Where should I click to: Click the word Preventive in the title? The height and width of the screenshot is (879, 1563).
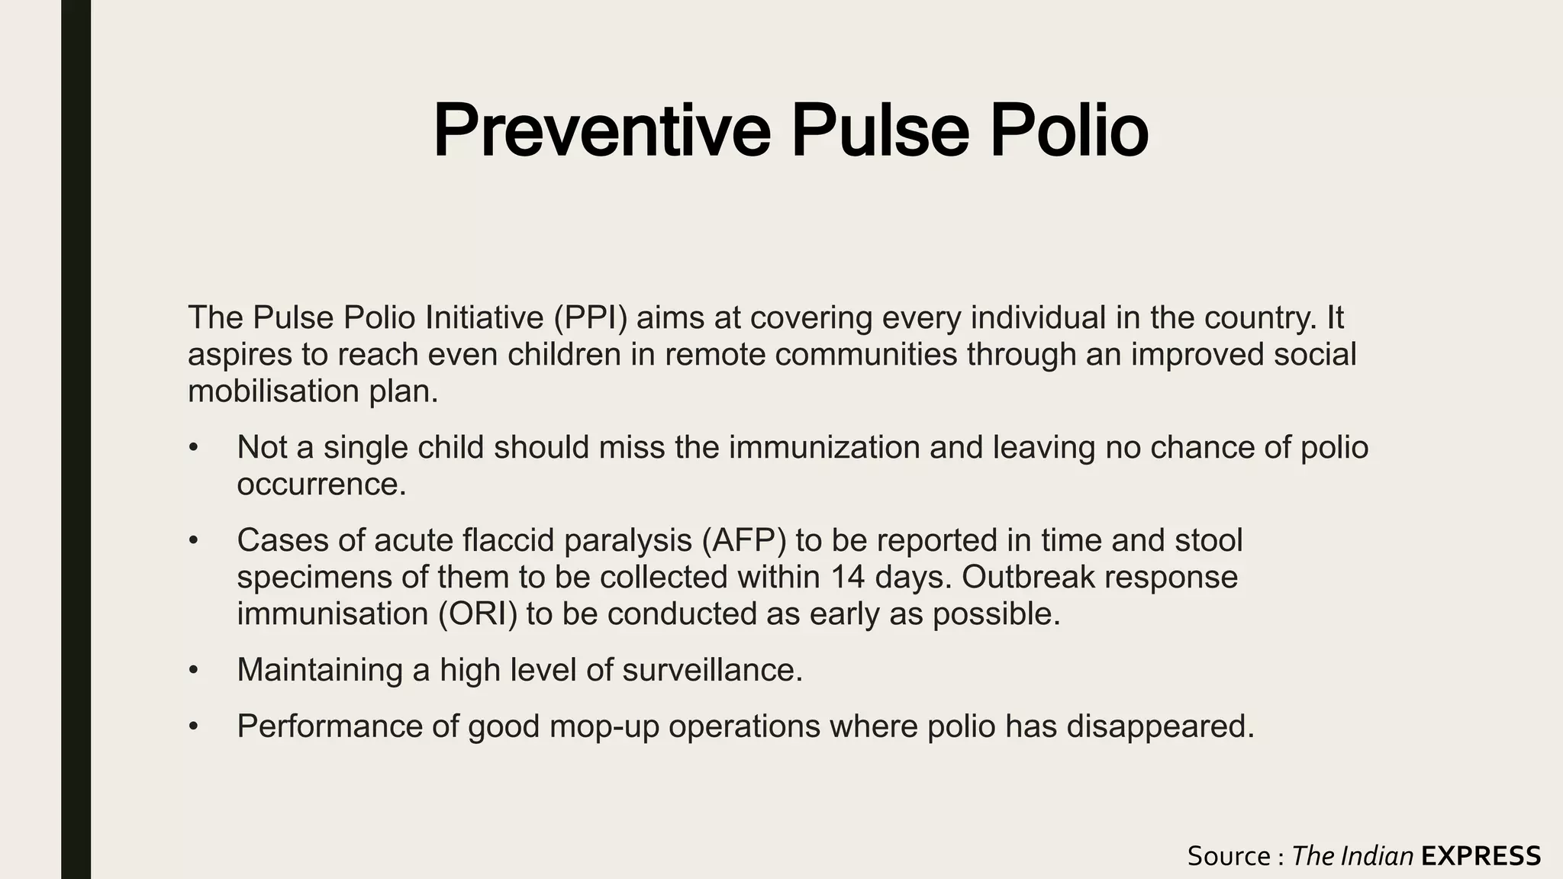(601, 131)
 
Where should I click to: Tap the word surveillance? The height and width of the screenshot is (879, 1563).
(712, 670)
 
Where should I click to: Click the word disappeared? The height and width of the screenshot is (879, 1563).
(1160, 726)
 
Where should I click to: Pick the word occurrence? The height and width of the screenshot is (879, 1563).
(321, 485)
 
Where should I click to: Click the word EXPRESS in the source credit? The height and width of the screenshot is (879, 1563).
(1481, 856)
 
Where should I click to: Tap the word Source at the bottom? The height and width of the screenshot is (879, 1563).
(1228, 856)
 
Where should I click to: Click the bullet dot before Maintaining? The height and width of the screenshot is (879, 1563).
(194, 671)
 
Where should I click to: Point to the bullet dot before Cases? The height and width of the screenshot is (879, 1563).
(194, 541)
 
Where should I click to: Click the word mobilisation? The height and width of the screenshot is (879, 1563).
(273, 391)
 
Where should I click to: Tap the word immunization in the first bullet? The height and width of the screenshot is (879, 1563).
(824, 448)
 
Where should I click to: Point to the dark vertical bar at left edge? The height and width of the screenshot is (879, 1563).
(76, 439)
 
